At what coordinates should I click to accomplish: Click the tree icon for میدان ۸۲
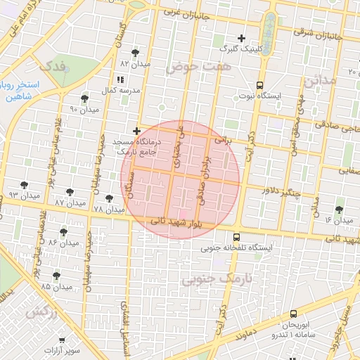[x=135, y=53]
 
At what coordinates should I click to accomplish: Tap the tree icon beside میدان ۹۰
[x=85, y=98]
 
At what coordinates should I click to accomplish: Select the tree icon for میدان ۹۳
[x=25, y=185]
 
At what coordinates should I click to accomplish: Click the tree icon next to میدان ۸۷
[x=70, y=191]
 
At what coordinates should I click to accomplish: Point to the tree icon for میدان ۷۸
[x=108, y=198]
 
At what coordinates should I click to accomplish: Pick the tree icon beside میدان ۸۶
[x=63, y=231]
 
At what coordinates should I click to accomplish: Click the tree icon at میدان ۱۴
[x=340, y=210]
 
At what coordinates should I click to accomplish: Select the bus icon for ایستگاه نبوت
[x=259, y=84]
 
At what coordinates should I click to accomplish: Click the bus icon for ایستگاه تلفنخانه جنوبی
[x=236, y=237]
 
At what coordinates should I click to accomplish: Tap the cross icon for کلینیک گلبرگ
[x=241, y=38]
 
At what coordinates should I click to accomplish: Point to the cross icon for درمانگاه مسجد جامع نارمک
[x=136, y=131]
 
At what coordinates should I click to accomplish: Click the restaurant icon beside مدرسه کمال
[x=120, y=79]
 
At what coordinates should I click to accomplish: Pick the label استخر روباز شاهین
[x=20, y=91]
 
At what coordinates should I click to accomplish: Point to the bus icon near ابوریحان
[x=294, y=314]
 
